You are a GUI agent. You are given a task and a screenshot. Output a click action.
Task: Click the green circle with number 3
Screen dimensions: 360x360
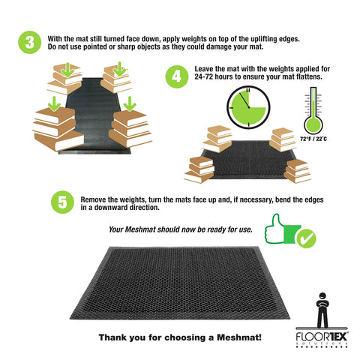click(30, 42)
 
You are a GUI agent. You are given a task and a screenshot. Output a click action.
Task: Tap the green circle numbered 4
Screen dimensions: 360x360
click(177, 76)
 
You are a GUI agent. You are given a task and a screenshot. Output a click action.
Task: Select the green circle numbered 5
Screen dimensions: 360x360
click(62, 202)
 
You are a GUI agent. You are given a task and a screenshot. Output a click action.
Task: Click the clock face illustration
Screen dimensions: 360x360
click(248, 107)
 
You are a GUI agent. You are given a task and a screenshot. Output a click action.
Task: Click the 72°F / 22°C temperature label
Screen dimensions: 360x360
click(313, 139)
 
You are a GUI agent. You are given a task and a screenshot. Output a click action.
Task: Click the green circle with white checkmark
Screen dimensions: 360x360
click(307, 238)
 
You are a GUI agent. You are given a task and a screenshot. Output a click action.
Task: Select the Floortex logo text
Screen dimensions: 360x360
click(322, 337)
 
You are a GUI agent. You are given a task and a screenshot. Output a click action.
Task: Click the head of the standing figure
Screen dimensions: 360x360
click(322, 296)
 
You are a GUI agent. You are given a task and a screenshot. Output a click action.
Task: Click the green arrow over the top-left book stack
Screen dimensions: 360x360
click(67, 70)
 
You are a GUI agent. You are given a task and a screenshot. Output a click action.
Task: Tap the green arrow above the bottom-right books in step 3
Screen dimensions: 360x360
click(130, 103)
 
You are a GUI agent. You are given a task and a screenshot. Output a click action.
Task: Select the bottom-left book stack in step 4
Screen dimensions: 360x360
click(199, 169)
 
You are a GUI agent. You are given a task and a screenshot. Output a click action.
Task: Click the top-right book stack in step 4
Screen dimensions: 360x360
click(283, 139)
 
